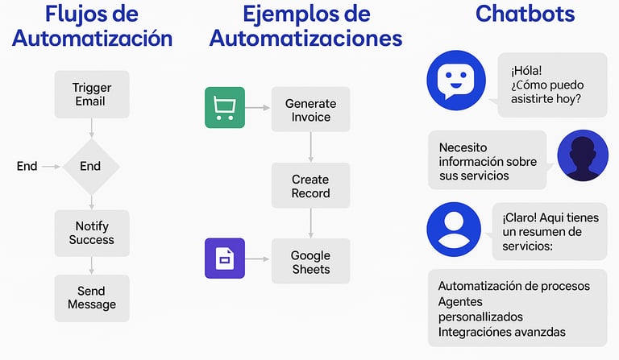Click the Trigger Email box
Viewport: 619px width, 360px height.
pos(91,94)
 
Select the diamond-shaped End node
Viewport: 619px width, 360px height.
pos(91,166)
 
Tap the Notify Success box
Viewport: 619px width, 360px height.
pos(91,233)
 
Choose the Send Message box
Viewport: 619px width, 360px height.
pos(91,297)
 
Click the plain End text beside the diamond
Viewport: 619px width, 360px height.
pos(27,166)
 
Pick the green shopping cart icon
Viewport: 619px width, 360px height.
pos(224,107)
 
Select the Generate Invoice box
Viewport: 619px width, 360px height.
pos(310,110)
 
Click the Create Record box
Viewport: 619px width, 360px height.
pos(310,186)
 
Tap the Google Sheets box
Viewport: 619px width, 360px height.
pos(310,262)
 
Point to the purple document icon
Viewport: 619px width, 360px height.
pos(224,259)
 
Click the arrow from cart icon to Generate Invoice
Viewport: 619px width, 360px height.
pos(257,107)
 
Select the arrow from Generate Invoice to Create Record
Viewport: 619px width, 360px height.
pos(310,147)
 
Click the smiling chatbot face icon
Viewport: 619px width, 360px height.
pos(456,81)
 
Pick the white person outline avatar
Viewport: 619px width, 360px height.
pos(453,228)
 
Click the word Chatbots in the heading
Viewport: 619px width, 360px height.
pos(525,14)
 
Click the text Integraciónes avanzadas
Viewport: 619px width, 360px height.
pos(501,331)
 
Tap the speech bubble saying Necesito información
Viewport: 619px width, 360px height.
pos(487,161)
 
